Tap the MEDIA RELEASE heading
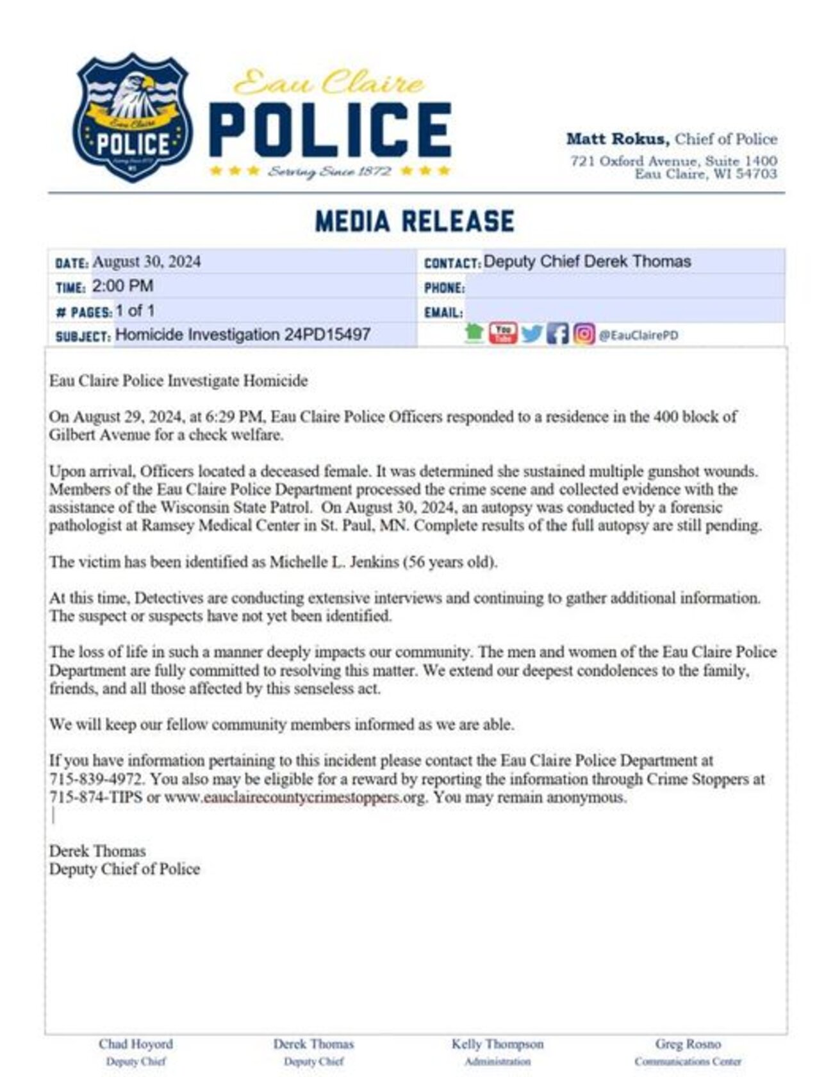pyautogui.click(x=415, y=221)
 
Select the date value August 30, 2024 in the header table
pyautogui.click(x=147, y=262)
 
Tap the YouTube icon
pyautogui.click(x=503, y=333)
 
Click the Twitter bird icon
pyautogui.click(x=531, y=334)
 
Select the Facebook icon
pyautogui.click(x=557, y=334)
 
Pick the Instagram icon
pyautogui.click(x=584, y=334)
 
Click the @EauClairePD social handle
pyautogui.click(x=638, y=335)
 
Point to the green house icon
pyautogui.click(x=474, y=333)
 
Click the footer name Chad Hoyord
pyautogui.click(x=136, y=1044)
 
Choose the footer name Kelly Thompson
pyautogui.click(x=497, y=1044)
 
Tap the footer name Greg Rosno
pyautogui.click(x=688, y=1044)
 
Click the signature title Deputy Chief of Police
pyautogui.click(x=125, y=869)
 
